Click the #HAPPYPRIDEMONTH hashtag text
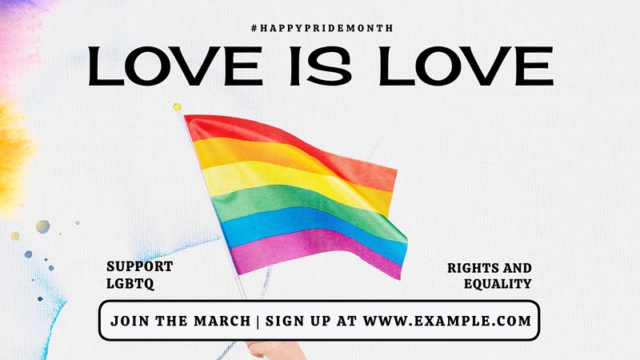point(322,28)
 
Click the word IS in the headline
point(321,66)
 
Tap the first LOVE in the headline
point(175,66)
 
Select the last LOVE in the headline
point(466,66)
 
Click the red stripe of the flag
point(286,138)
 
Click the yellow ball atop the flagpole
point(177,107)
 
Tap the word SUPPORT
point(139,266)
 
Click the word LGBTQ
point(130,283)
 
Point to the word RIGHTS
point(473,268)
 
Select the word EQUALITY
point(498,284)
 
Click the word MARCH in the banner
point(222,322)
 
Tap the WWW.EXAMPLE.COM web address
point(447,321)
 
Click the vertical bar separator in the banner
point(258,322)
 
